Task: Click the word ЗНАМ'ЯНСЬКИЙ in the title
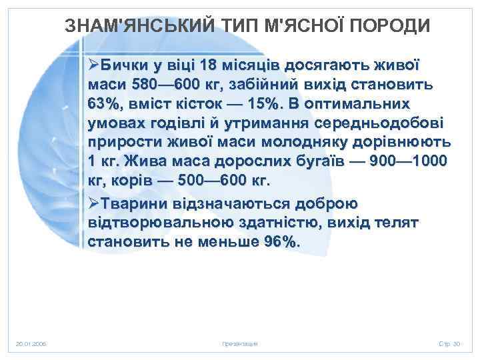click(x=127, y=25)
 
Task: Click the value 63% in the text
click(x=103, y=105)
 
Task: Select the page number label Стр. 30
click(x=449, y=343)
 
